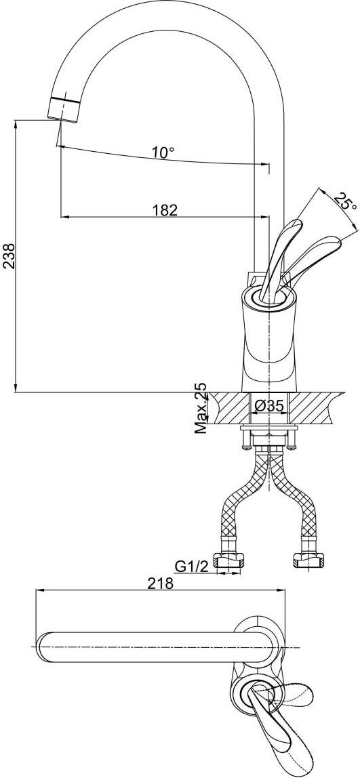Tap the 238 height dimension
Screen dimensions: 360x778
click(10, 255)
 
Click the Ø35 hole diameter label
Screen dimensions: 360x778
click(269, 406)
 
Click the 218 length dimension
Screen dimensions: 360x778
click(160, 583)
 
